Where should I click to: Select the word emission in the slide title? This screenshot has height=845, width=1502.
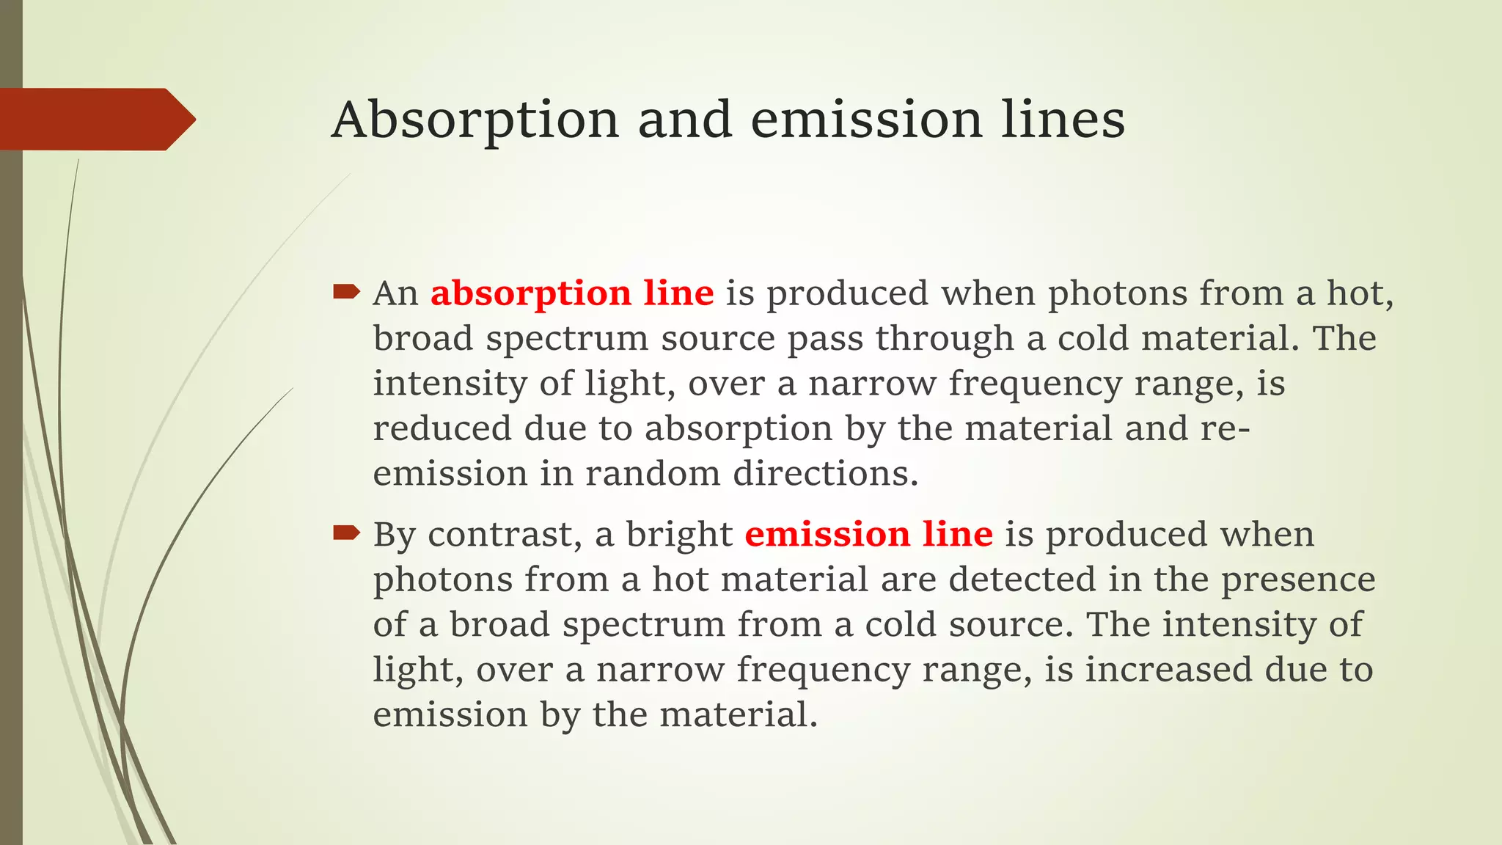coord(866,120)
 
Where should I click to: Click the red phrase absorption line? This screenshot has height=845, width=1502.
coord(572,294)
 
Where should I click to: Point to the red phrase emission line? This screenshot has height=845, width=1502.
coord(868,535)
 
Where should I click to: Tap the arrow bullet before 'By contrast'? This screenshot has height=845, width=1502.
coord(346,533)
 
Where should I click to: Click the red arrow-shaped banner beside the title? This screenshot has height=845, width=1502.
coord(95,120)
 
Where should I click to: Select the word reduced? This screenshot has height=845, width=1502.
coord(442,428)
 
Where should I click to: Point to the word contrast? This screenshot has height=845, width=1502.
coord(505,535)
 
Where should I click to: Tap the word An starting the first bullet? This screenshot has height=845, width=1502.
coord(395,294)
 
